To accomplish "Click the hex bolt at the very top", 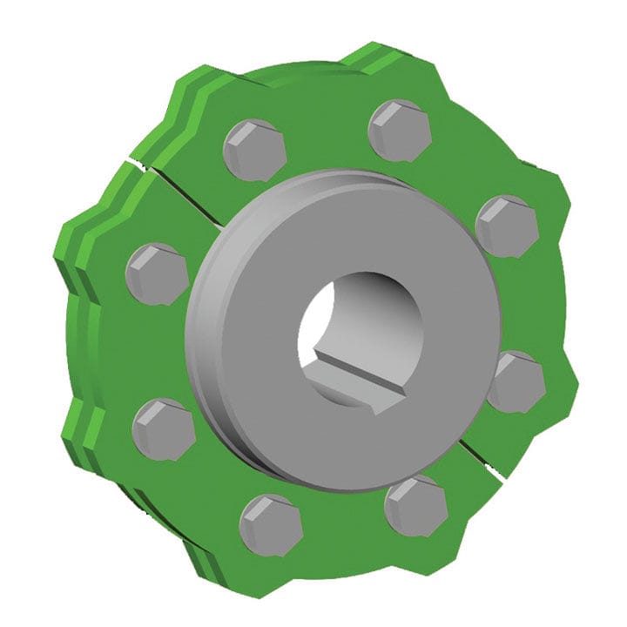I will pos(400,131).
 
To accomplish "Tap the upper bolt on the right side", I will pos(507,226).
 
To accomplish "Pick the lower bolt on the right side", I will pos(516,381).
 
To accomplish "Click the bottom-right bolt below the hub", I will pos(415,505).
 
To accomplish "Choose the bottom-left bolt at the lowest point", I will pos(271,524).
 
